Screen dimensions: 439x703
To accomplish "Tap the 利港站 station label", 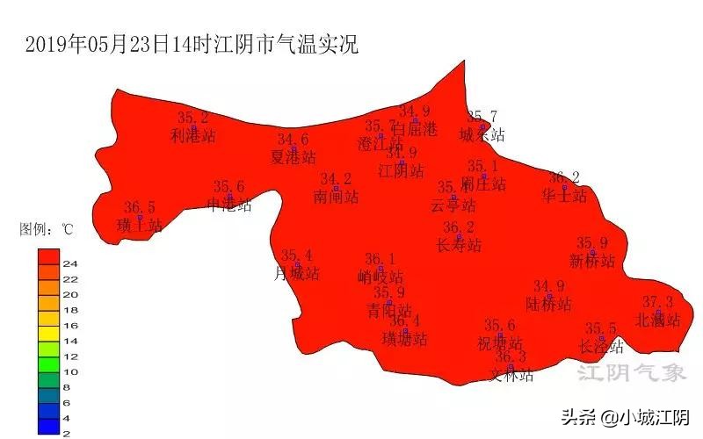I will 193,136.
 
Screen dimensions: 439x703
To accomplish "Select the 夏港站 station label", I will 293,157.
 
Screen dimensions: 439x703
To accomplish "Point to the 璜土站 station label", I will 140,226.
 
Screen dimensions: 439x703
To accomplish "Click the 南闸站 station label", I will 336,197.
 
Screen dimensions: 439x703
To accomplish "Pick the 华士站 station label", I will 564,196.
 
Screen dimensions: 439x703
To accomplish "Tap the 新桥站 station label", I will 592,261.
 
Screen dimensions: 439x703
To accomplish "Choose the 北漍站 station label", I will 658,320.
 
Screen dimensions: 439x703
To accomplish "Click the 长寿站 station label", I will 459,245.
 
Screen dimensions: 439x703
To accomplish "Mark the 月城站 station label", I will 297,273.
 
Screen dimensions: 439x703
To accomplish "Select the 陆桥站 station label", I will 548,305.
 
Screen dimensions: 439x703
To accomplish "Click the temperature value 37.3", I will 658,302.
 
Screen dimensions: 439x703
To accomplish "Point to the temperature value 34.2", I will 336,179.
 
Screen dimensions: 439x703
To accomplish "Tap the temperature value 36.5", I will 140,208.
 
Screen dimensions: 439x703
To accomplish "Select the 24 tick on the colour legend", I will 70,263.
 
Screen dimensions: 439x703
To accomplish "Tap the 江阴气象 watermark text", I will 631,373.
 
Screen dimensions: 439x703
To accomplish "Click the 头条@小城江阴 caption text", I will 626,417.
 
